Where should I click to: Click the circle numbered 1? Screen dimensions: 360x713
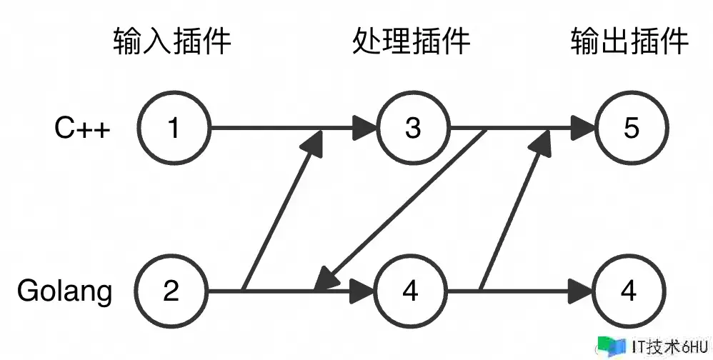(173, 129)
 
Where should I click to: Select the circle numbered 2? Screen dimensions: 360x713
(171, 291)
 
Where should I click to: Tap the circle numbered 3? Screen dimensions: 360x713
(413, 129)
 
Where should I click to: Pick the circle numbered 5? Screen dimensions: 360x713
(631, 129)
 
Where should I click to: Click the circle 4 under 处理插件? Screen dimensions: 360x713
(410, 291)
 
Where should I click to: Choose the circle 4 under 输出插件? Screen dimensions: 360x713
(629, 291)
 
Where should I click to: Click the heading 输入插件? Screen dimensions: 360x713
(172, 42)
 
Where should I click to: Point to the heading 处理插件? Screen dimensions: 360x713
(412, 42)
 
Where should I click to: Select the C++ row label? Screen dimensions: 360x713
(83, 129)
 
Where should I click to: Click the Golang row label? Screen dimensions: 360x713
(65, 292)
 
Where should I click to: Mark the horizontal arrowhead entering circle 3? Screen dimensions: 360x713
(364, 129)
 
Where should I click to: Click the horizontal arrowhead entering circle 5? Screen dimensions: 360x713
(582, 129)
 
